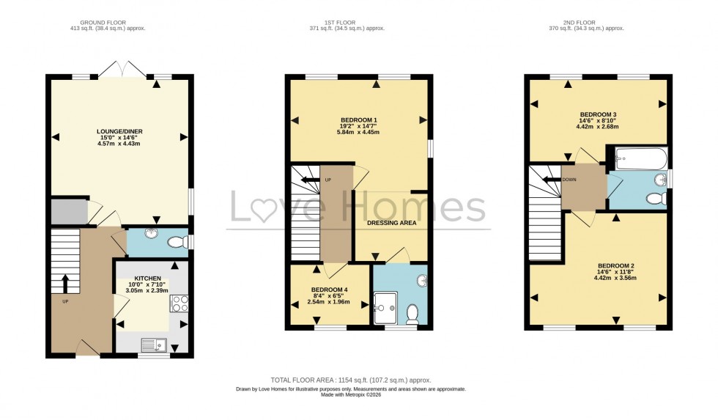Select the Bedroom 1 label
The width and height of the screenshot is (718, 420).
point(359,120)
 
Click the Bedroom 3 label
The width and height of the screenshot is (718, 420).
point(598,115)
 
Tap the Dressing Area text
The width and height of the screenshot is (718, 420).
point(391,222)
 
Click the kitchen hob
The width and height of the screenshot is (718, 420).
point(179,303)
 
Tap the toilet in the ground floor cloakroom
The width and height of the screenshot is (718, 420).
point(177,242)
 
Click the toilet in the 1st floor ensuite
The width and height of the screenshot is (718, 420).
point(412,313)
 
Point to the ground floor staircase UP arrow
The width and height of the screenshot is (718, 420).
point(65,284)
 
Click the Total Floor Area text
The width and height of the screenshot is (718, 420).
point(351,380)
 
